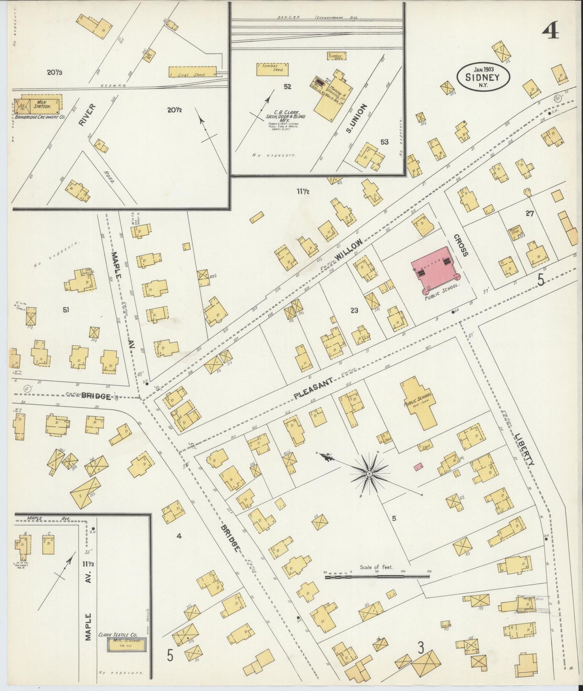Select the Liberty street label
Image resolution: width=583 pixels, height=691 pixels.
pos(524,450)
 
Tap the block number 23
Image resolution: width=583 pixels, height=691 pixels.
pos(354,310)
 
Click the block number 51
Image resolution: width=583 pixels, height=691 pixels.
pos(66,310)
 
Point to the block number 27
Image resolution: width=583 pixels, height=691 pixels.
pos(529,214)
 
